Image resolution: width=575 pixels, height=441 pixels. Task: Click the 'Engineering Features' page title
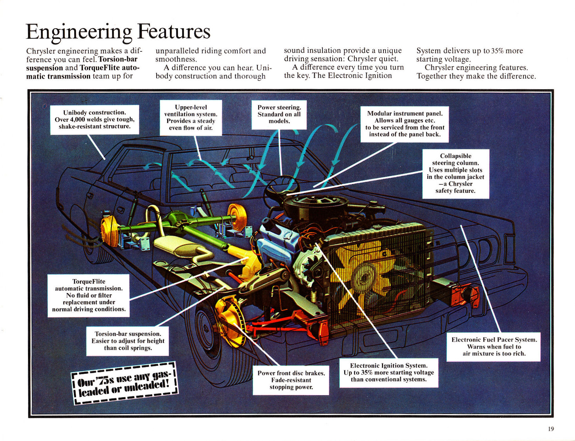tap(118, 32)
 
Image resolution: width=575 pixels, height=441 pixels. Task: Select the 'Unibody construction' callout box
tap(95, 120)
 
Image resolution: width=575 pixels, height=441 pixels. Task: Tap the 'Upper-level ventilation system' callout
tap(191, 118)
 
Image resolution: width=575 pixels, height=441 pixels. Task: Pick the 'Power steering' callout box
tap(279, 114)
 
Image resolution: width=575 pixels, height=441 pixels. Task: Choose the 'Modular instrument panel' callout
tap(404, 124)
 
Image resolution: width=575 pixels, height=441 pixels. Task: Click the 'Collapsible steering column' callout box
tap(456, 174)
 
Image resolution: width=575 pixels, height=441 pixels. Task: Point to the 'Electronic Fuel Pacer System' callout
tap(494, 347)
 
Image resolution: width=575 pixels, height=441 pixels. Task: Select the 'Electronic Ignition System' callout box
tap(389, 373)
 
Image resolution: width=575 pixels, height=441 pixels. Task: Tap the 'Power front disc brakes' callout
tap(291, 380)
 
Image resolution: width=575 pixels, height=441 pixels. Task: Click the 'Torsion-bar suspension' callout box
tap(128, 341)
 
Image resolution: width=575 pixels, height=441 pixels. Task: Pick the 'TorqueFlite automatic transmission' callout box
tap(89, 296)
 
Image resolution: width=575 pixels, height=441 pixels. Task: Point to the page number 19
tap(551, 429)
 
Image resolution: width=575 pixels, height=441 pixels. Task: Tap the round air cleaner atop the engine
tap(315, 203)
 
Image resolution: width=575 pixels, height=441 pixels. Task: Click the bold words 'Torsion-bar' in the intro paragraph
tap(118, 59)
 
